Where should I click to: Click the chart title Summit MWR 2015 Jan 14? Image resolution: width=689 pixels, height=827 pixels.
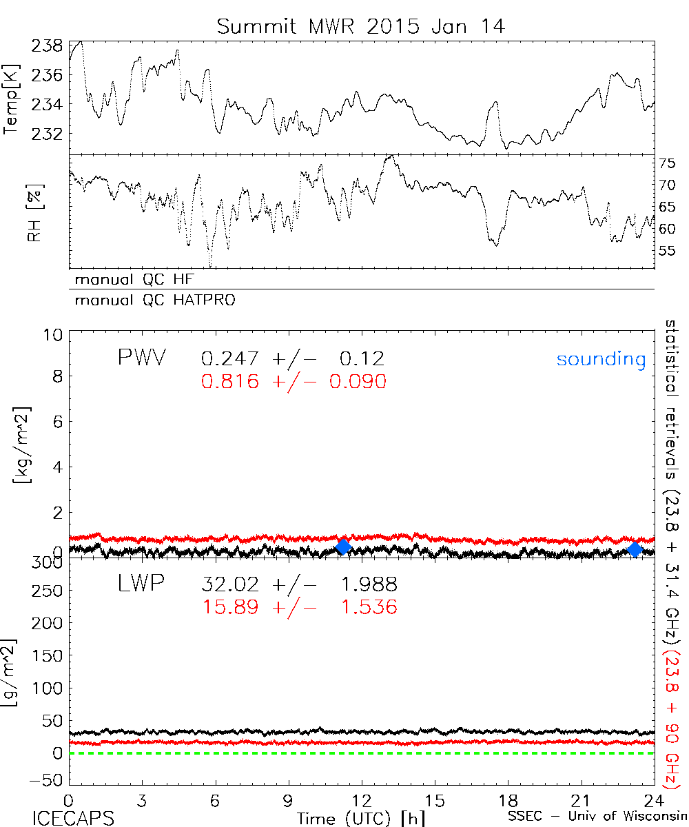[x=361, y=26]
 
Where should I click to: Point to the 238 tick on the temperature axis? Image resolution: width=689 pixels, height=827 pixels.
[x=48, y=46]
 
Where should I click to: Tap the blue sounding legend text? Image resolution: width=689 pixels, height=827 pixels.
[x=601, y=359]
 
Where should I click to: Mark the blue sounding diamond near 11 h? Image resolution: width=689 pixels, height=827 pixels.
[x=343, y=547]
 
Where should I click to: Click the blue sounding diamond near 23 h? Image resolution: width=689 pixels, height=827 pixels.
[x=635, y=549]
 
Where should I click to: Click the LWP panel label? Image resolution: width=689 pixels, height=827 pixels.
[x=141, y=584]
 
